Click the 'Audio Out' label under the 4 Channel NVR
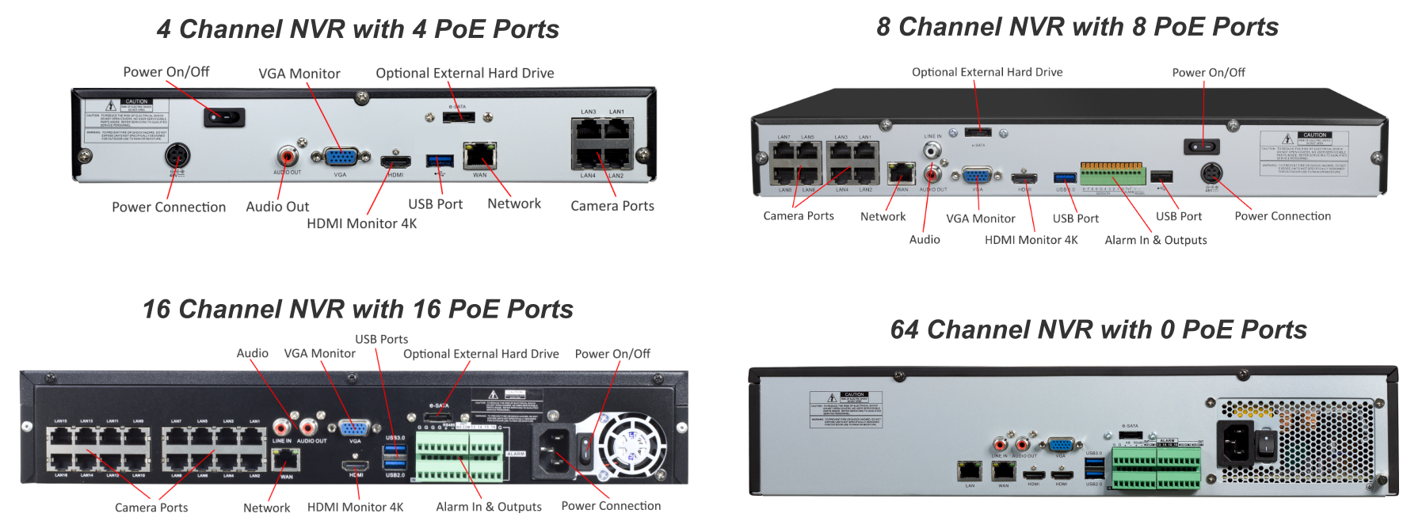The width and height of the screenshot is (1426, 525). coord(277,207)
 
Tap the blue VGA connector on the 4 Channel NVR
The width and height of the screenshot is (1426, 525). coord(341,158)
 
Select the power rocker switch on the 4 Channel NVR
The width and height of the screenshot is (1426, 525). coord(224,118)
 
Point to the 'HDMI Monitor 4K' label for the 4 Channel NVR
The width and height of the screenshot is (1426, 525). coord(361,223)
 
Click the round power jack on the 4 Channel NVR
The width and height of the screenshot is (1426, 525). coord(176,154)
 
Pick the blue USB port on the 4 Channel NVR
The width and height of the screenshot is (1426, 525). coord(440,162)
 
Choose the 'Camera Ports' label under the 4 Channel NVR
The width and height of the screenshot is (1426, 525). coord(612,206)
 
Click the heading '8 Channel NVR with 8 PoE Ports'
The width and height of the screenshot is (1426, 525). coord(1077,27)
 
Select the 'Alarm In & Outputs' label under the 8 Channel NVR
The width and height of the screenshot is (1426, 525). coord(1155,240)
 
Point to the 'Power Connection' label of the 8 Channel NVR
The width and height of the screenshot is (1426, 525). coord(1282,216)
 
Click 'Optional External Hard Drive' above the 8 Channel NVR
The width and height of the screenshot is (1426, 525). coord(986,72)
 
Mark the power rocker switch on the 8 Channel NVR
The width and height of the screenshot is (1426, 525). coord(1201,146)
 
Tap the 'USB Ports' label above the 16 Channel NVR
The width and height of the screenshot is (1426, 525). coord(381,339)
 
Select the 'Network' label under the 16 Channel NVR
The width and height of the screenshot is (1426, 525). coord(266,508)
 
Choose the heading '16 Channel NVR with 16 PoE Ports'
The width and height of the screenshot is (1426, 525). coord(357,309)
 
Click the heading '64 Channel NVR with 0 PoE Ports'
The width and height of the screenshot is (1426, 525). coord(1098,329)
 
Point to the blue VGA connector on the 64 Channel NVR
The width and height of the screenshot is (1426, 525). coord(1060,445)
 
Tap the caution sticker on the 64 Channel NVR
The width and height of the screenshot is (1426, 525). coord(845,409)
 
